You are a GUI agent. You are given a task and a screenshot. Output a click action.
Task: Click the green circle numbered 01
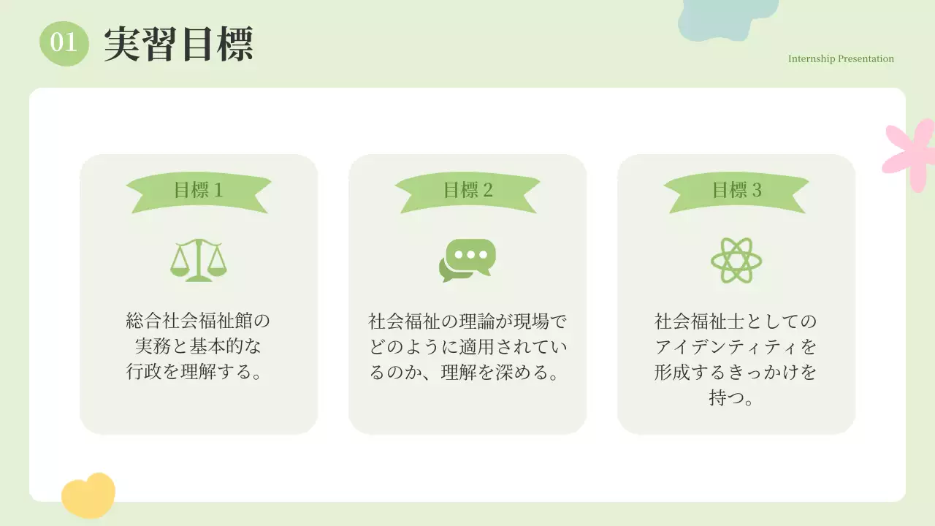pos(64,42)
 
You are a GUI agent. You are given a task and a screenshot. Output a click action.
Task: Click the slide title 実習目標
pos(178,44)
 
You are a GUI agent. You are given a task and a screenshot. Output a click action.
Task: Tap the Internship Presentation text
pos(841,59)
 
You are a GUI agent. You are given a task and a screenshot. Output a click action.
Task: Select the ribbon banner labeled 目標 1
pos(198,191)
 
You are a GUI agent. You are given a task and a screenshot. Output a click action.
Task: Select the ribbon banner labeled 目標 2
pos(467,191)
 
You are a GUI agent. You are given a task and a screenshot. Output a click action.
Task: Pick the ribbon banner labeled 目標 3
pos(736,191)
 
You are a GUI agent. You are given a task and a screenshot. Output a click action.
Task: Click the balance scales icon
pos(198,260)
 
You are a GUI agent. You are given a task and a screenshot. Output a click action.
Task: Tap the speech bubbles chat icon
pos(467,260)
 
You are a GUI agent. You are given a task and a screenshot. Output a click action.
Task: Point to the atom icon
pos(736,260)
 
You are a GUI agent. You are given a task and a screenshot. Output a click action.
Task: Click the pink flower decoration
pos(911,154)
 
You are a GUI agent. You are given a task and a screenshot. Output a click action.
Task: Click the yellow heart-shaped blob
pos(88,495)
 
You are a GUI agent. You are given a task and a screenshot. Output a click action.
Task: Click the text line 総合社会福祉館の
pos(198,321)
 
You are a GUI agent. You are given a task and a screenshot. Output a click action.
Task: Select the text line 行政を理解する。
pos(198,372)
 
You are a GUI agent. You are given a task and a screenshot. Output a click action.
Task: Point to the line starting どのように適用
pos(467,346)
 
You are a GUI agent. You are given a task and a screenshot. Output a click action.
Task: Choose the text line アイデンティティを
pos(736,346)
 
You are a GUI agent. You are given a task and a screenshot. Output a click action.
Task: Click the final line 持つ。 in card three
pos(736,398)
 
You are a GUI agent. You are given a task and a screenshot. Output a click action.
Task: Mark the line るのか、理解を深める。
pos(467,372)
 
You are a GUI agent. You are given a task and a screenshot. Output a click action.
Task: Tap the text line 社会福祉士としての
pos(736,321)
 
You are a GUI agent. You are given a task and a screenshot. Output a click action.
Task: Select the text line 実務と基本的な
pos(198,346)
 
